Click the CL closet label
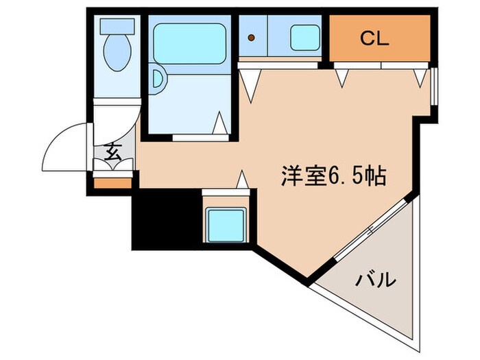[375, 38]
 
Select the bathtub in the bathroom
[189, 43]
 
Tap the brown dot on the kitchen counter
[252, 37]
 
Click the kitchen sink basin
[304, 37]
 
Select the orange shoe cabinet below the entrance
[112, 183]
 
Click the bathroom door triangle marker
[219, 123]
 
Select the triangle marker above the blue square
[241, 180]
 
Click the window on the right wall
[433, 86]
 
